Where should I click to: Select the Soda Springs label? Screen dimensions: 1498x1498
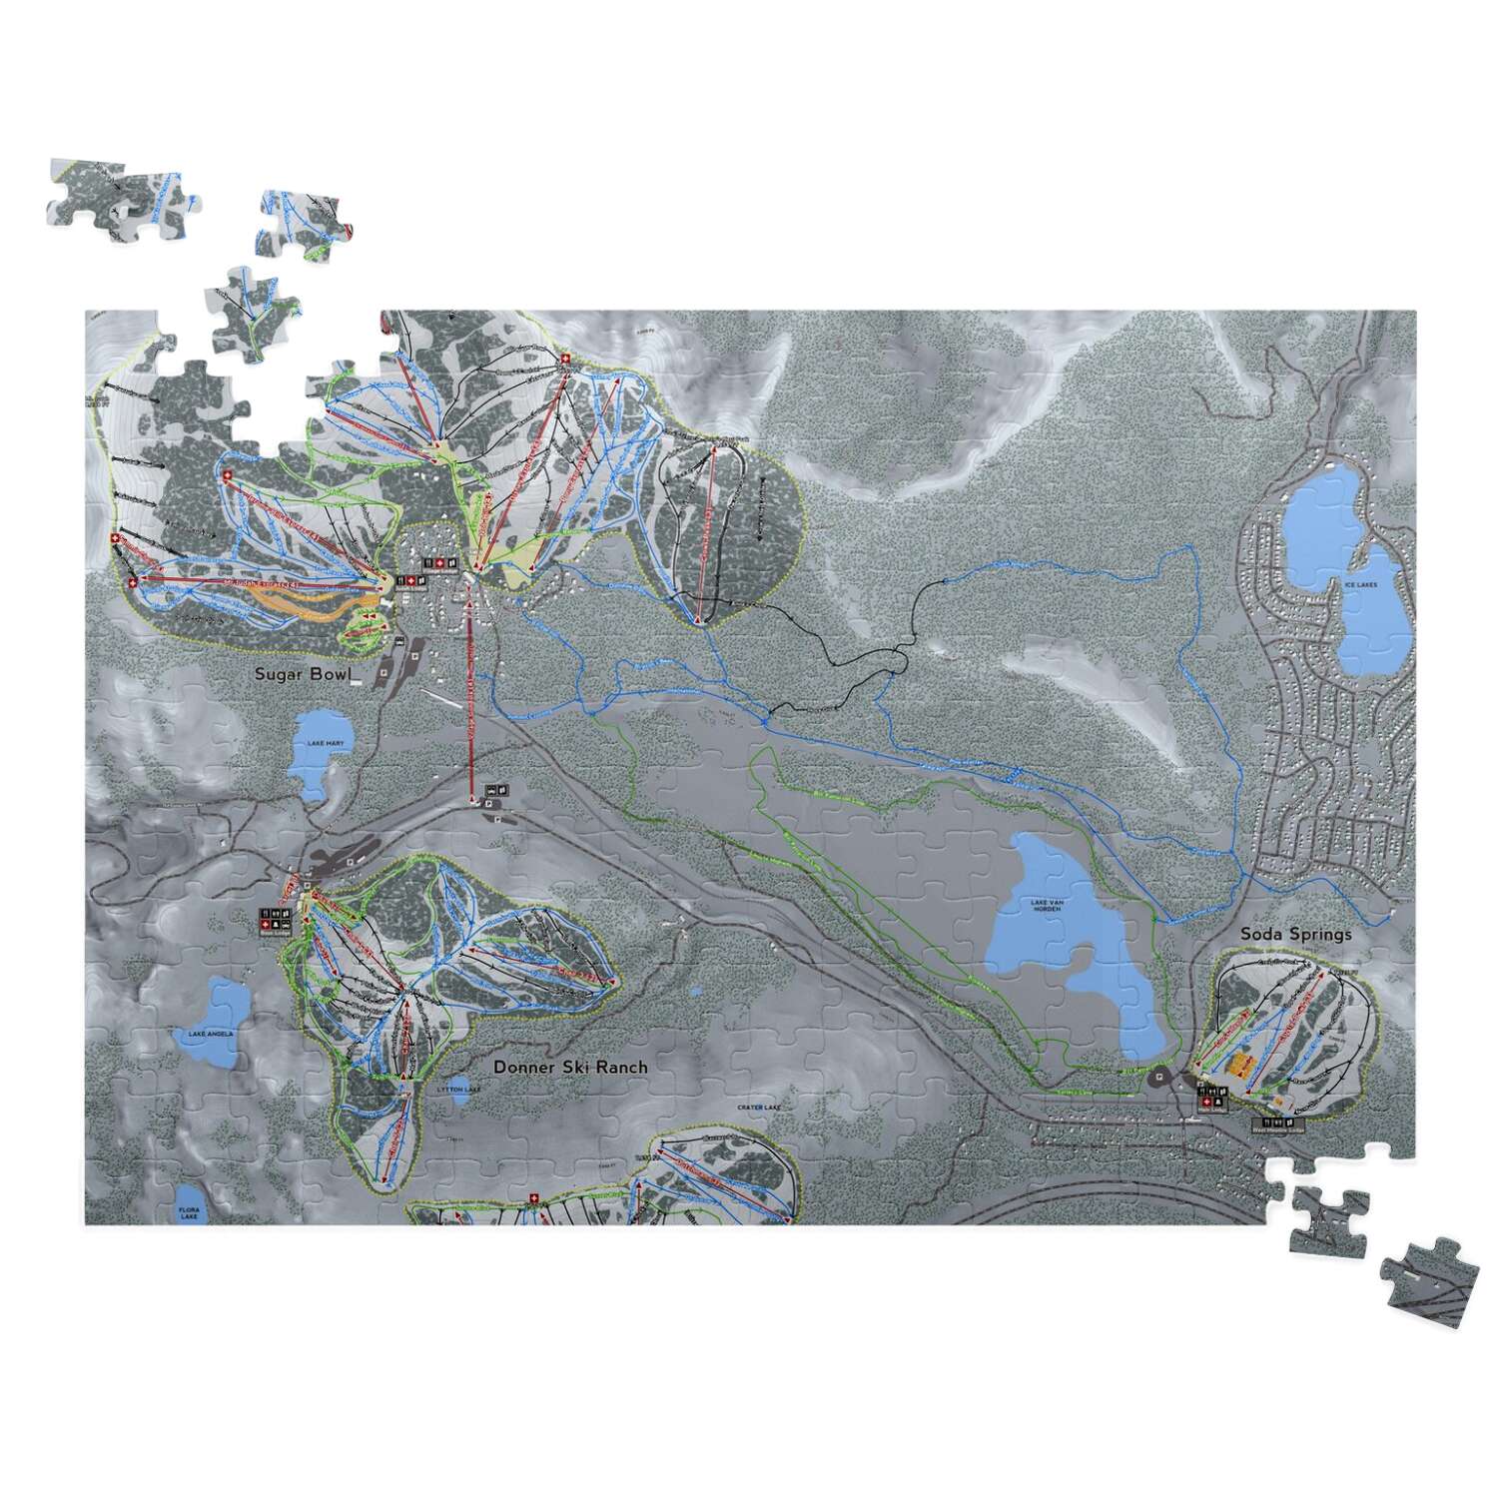pyautogui.click(x=1295, y=934)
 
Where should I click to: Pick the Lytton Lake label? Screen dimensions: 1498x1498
pyautogui.click(x=452, y=1090)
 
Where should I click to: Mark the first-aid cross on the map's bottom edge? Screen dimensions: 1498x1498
pyautogui.click(x=532, y=1199)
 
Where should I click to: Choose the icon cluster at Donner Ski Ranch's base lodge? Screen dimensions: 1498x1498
pyautogui.click(x=273, y=920)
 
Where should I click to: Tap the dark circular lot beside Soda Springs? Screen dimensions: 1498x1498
pyautogui.click(x=1160, y=1077)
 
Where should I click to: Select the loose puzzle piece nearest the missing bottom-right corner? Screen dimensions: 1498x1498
pyautogui.click(x=1328, y=1220)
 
